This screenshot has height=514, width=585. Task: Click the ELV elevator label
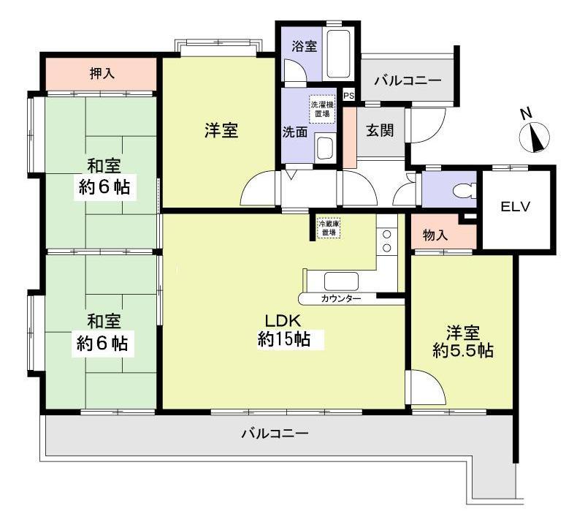coord(515,206)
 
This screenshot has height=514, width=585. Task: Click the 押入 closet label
coord(102,74)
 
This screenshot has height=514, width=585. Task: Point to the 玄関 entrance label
coord(380,131)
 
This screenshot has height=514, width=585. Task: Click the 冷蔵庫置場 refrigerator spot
coord(327,227)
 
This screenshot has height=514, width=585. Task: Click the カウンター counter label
coord(340,299)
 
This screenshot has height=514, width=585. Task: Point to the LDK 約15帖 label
coord(284,329)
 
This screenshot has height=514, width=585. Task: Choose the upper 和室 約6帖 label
coord(104,176)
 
